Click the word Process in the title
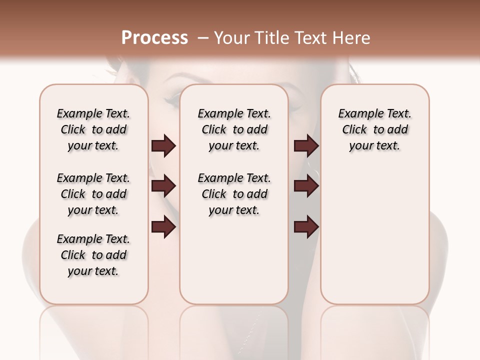pyautogui.click(x=154, y=38)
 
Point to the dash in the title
pyautogui.click(x=203, y=38)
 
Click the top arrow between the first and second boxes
pyautogui.click(x=163, y=145)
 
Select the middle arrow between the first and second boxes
pyautogui.click(x=163, y=186)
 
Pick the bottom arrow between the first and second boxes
pyautogui.click(x=163, y=227)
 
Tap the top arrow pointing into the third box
pyautogui.click(x=306, y=145)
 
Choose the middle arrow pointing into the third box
pyautogui.click(x=306, y=186)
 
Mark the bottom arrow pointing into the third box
pyautogui.click(x=306, y=227)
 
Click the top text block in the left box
pyautogui.click(x=93, y=129)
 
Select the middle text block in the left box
pyautogui.click(x=93, y=194)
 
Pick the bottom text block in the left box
pyautogui.click(x=93, y=255)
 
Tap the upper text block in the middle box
pyautogui.click(x=234, y=129)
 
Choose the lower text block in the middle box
pyautogui.click(x=234, y=194)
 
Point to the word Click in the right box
pyautogui.click(x=354, y=130)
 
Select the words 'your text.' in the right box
pyautogui.click(x=374, y=146)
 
